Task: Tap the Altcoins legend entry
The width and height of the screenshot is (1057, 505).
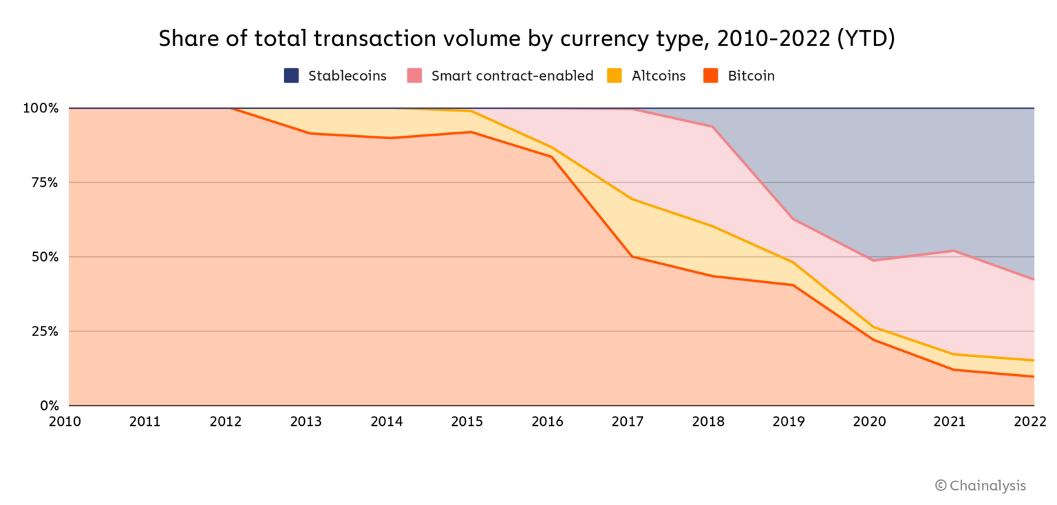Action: (x=647, y=76)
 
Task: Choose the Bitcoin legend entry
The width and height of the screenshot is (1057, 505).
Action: (x=739, y=76)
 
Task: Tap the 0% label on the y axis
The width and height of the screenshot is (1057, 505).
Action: (x=48, y=406)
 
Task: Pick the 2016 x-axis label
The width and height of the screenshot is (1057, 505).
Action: (x=547, y=422)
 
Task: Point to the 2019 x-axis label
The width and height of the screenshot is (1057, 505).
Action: (x=789, y=422)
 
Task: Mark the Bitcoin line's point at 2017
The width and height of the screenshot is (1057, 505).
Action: (x=632, y=256)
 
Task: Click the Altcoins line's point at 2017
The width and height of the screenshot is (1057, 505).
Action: (x=632, y=199)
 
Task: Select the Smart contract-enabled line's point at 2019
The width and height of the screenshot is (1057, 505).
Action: (x=793, y=219)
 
